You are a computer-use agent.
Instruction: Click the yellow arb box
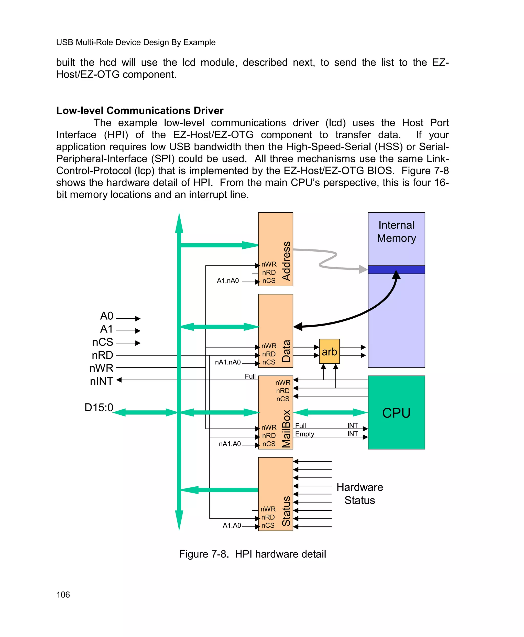pyautogui.click(x=329, y=351)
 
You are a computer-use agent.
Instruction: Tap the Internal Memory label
pyautogui.click(x=396, y=232)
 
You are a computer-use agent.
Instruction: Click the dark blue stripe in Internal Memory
pyautogui.click(x=396, y=269)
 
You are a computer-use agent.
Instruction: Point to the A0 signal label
pyautogui.click(x=106, y=316)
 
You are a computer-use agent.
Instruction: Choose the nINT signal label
pyautogui.click(x=101, y=381)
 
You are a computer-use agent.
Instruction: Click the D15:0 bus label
pyautogui.click(x=99, y=408)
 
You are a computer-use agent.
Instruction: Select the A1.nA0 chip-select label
pyautogui.click(x=228, y=281)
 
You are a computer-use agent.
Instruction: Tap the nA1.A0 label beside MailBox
pyautogui.click(x=230, y=444)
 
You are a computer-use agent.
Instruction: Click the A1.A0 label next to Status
pyautogui.click(x=232, y=526)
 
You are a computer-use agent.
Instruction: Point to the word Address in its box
pyautogui.click(x=286, y=261)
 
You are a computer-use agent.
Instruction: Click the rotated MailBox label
pyautogui.click(x=286, y=429)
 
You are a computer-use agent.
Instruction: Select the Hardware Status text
pyautogui.click(x=359, y=494)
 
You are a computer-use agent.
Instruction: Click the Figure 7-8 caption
pyautogui.click(x=252, y=554)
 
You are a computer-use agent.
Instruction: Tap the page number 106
pyautogui.click(x=63, y=595)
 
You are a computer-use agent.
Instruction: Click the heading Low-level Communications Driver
pyautogui.click(x=140, y=111)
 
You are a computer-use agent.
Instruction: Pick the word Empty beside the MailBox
pyautogui.click(x=304, y=434)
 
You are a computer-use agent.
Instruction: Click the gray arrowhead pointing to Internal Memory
pyautogui.click(x=363, y=269)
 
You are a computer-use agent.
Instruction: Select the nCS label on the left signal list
pyautogui.click(x=103, y=342)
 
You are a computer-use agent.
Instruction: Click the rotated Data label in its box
pyautogui.click(x=286, y=351)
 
